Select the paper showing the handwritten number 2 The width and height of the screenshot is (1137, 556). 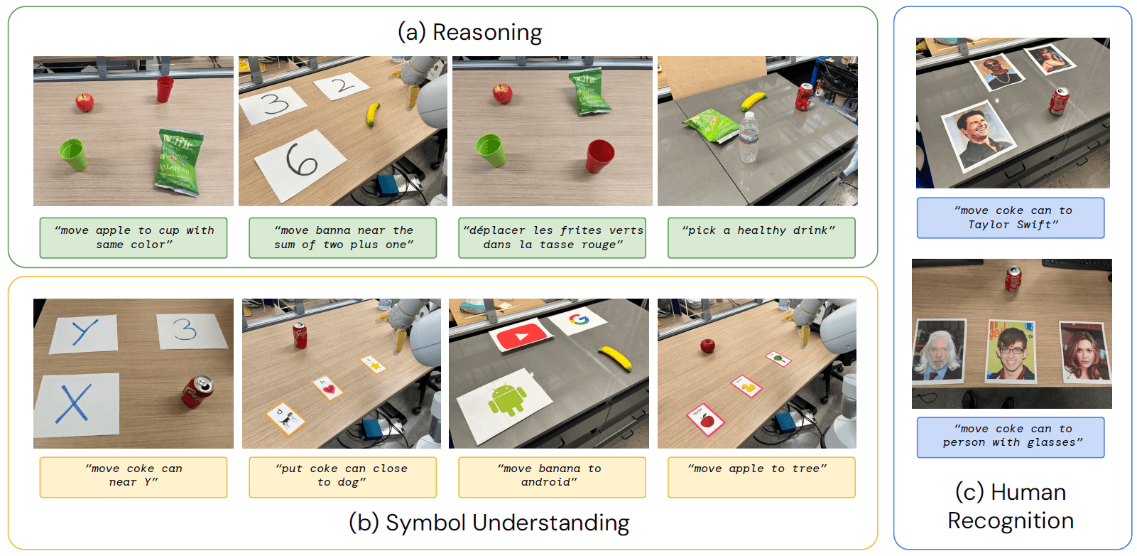[x=341, y=85]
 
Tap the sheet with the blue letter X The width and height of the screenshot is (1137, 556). [x=77, y=405]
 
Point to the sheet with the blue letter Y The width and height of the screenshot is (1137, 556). [x=84, y=333]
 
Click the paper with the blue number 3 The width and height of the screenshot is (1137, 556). [x=191, y=331]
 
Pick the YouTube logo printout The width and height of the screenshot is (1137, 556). [x=521, y=336]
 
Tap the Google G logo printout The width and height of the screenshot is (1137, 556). [x=579, y=320]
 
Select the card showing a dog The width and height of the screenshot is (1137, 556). [x=285, y=419]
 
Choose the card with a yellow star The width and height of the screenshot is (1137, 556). [x=374, y=365]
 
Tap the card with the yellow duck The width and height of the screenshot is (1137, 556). [x=746, y=387]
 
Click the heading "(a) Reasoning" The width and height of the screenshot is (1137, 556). [x=470, y=32]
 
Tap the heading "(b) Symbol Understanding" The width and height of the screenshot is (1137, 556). [x=489, y=523]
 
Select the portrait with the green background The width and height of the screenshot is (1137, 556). [x=1011, y=351]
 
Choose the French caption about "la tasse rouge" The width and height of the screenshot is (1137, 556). [x=553, y=237]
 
